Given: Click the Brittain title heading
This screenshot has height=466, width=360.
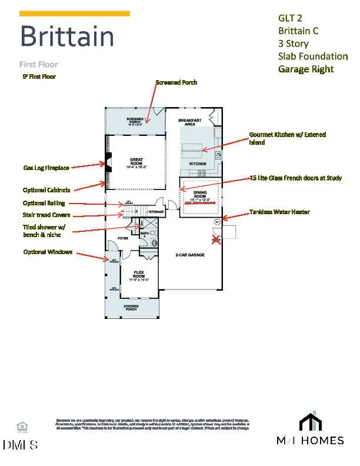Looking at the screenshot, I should coord(67,36).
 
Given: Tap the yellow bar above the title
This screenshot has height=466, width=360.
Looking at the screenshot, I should coord(75,14).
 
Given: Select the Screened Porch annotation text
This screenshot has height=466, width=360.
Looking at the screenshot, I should coord(176,82).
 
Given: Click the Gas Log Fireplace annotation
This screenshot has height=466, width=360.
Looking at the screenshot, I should coord(46,168).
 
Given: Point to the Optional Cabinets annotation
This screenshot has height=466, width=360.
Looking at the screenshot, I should coord(47,190).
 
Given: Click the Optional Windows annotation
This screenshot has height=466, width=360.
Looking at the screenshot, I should coord(48,252).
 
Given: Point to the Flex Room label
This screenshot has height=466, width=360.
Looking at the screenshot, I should coord(139,275).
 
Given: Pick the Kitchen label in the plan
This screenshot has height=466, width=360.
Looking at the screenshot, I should coord(197,163).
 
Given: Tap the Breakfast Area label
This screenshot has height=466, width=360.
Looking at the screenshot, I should coord(189,122).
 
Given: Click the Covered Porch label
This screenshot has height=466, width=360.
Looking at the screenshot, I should coord(131,308).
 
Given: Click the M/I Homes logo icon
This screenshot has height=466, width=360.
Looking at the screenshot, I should coord(311,422).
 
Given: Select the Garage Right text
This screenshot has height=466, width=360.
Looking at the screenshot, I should coord(305,69).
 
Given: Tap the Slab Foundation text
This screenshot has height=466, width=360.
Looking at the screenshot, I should coord(312,56).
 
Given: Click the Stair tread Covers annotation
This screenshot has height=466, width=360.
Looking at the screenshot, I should coord(46,215).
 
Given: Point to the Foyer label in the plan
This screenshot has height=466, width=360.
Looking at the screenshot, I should coord(122,238).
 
